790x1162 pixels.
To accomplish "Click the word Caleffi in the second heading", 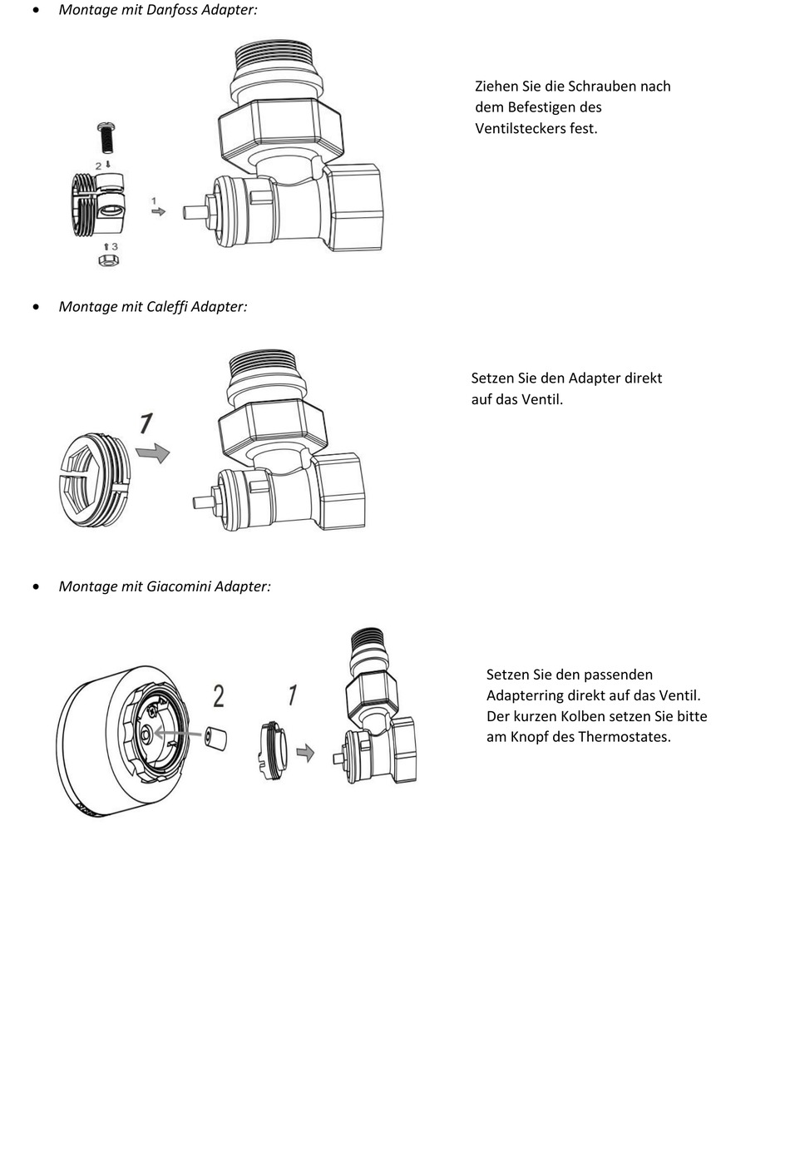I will click(167, 306).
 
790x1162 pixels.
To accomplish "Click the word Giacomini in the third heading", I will click(179, 586).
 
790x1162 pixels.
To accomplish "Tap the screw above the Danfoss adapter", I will click(106, 139).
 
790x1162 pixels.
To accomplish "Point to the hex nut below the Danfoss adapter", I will click(108, 260).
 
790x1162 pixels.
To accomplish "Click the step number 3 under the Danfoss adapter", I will click(114, 246).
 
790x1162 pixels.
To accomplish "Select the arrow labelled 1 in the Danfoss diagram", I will click(157, 212).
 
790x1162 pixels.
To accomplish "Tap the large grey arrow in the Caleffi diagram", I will click(153, 452).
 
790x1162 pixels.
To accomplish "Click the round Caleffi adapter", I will click(94, 480).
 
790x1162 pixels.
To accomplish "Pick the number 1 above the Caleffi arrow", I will click(146, 424).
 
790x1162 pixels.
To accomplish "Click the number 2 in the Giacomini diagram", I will click(219, 695).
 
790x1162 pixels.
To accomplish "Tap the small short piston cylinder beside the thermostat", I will click(217, 737).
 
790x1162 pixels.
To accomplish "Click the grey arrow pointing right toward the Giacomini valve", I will click(306, 753).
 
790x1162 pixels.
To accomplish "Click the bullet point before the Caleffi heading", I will click(35, 307).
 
